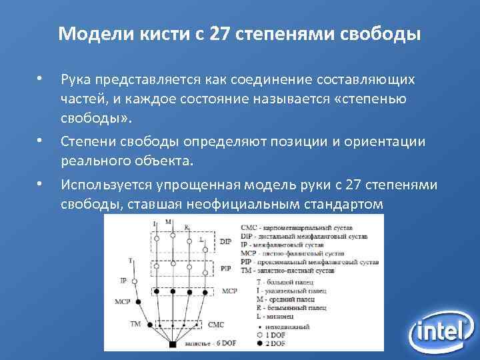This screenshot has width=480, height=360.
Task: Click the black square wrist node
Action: point(173,344)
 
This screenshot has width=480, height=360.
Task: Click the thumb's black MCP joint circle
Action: point(139,302)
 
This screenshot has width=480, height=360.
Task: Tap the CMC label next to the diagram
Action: point(216,325)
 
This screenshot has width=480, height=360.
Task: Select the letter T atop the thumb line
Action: point(130,261)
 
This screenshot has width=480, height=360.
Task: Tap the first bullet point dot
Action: point(40,80)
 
